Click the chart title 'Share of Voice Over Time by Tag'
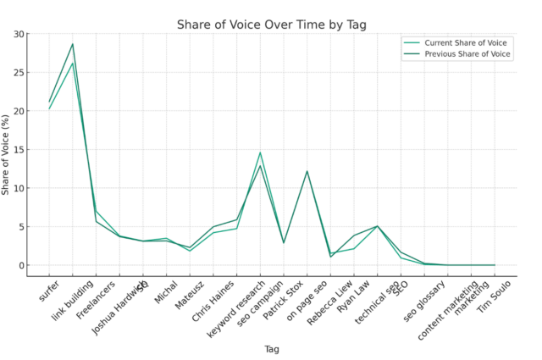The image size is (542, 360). (x=271, y=25)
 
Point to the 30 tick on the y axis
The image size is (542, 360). (x=19, y=34)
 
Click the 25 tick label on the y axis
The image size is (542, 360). (x=19, y=73)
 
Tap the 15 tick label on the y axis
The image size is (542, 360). (x=19, y=150)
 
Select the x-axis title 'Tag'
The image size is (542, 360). (x=271, y=348)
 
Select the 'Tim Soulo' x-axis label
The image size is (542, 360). (x=497, y=295)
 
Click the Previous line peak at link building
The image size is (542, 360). (x=73, y=44)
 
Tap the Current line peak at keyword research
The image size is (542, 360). (x=260, y=152)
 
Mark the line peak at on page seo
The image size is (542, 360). (x=307, y=171)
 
